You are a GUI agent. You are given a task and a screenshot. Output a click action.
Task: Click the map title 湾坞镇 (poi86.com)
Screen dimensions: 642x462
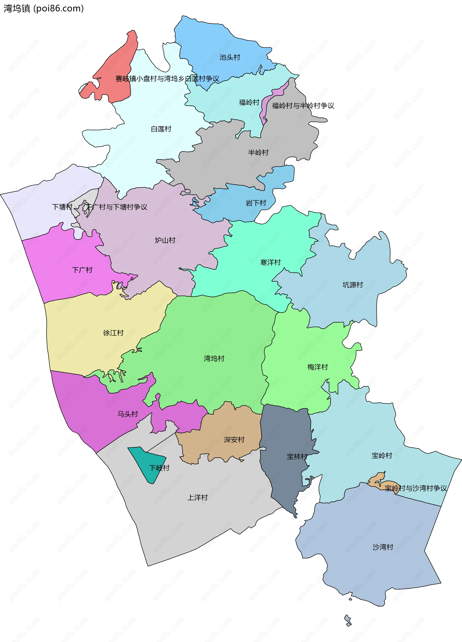44,8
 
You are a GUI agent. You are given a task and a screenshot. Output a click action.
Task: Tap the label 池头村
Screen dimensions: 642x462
230,58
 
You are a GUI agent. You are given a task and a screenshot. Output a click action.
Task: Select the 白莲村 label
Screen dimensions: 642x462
161,129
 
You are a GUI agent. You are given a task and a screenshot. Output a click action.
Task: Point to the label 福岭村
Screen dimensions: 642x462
249,103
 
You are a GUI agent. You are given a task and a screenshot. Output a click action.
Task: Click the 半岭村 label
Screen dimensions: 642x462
258,153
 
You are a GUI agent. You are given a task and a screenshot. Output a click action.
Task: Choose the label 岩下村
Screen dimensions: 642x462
256,203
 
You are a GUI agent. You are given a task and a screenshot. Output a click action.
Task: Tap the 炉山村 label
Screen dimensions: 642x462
165,240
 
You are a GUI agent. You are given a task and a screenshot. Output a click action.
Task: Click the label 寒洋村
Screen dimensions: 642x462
270,262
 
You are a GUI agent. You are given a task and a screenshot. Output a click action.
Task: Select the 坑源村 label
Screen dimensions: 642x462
353,285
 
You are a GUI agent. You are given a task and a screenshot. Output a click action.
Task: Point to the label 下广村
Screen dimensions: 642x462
82,270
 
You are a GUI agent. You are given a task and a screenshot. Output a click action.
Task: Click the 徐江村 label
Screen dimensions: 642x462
113,333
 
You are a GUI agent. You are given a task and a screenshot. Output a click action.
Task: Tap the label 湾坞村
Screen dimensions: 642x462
214,359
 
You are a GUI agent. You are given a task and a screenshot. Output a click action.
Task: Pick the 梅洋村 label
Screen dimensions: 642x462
317,367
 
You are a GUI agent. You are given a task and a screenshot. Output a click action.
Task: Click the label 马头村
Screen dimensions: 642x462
128,414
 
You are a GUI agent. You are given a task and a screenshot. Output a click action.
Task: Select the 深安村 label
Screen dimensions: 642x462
234,440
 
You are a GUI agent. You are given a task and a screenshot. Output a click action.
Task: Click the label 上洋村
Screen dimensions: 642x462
198,497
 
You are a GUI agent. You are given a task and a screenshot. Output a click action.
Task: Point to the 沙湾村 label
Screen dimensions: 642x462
383,547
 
